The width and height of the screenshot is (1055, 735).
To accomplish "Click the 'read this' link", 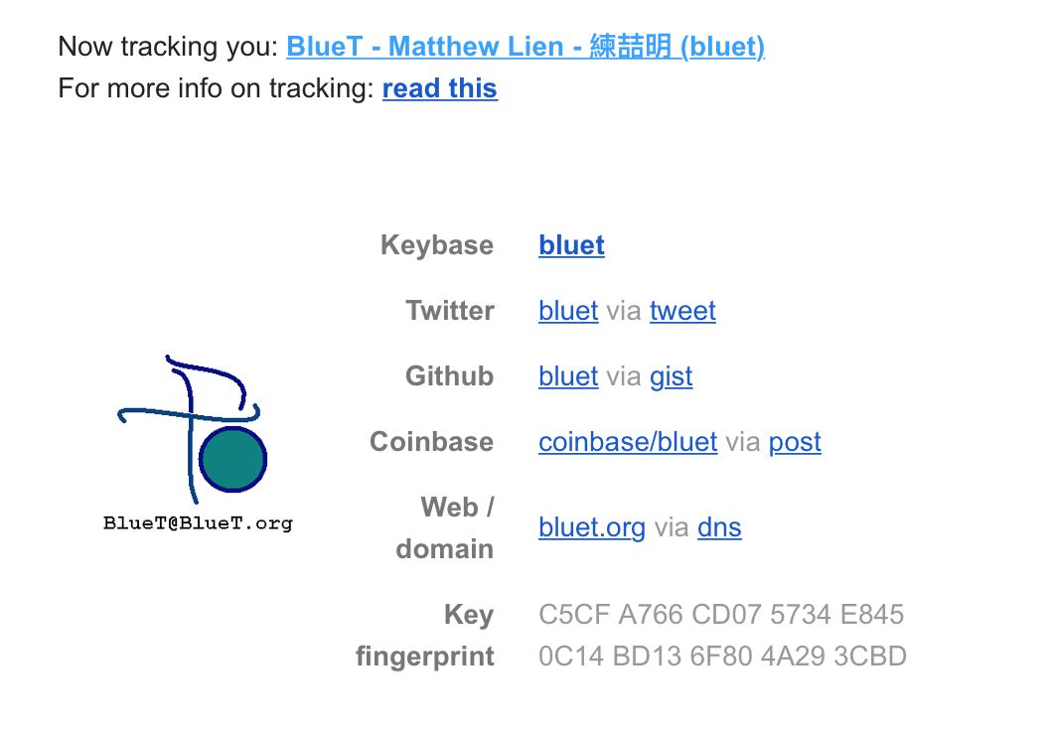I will (x=439, y=88).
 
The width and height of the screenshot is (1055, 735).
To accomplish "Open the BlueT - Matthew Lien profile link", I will (x=525, y=47).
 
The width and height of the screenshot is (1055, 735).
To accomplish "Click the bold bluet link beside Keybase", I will (x=571, y=245).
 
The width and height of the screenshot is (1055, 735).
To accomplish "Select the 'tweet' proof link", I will (x=682, y=311).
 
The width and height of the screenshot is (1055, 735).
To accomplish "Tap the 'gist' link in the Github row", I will (x=671, y=376).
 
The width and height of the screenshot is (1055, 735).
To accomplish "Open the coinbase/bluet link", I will (x=627, y=442).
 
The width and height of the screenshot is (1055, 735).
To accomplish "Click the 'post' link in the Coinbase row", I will (x=795, y=442).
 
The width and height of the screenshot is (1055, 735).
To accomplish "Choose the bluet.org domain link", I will (x=591, y=527).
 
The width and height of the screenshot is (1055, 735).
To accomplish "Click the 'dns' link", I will (x=719, y=527).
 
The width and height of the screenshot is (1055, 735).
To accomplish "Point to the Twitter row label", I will (x=449, y=311).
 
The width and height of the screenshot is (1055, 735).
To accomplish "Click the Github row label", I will (x=449, y=376).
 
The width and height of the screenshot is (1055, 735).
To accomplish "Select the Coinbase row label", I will (x=431, y=442).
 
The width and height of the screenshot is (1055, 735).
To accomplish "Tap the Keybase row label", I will (x=436, y=245).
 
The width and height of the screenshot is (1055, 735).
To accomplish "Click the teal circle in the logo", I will (x=232, y=459).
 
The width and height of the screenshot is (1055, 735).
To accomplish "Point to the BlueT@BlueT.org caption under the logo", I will (x=198, y=522).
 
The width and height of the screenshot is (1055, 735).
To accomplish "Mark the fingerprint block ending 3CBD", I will (x=871, y=657).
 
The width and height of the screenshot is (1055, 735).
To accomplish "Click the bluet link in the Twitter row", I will (x=568, y=311).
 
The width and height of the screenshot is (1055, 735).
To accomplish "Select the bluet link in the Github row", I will (x=568, y=376).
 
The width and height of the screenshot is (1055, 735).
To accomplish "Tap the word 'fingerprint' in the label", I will (x=424, y=657).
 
